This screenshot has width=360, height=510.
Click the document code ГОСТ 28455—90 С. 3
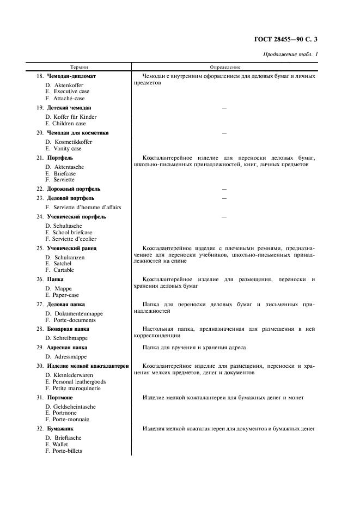[285, 39]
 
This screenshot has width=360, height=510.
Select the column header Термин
[78, 67]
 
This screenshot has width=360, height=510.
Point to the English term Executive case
[71, 92]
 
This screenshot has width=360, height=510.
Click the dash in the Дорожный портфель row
[224, 189]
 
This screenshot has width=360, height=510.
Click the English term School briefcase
[72, 232]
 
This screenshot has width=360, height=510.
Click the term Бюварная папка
[69, 329]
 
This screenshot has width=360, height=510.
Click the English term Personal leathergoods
[80, 381]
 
